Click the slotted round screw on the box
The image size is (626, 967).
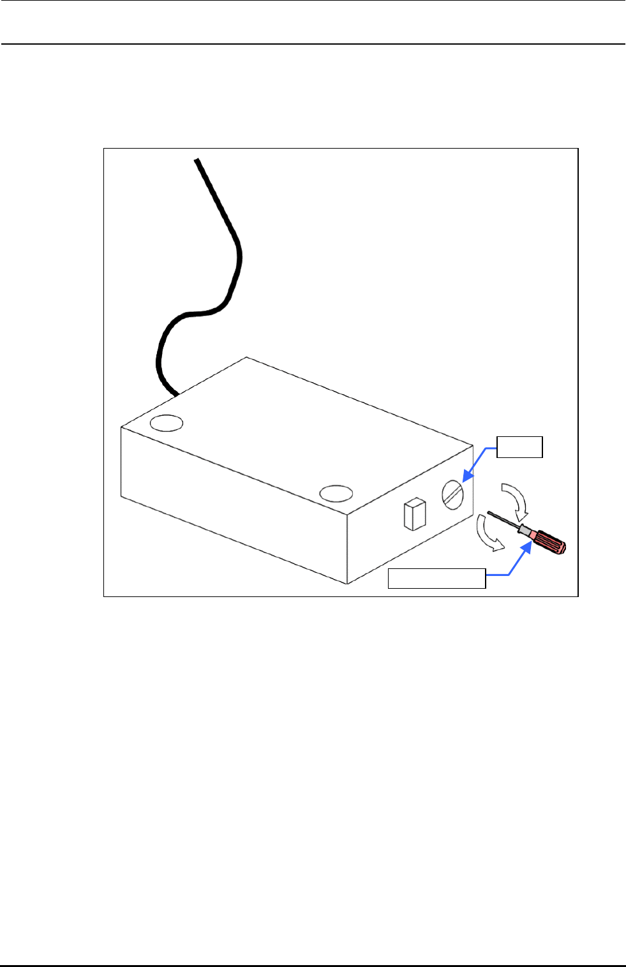pos(452,495)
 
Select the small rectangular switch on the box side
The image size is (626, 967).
pos(415,514)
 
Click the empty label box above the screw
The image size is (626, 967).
pos(520,447)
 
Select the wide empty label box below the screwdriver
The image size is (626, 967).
pos(437,578)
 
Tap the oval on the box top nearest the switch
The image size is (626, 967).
pos(336,493)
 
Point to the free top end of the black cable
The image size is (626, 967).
pos(197,159)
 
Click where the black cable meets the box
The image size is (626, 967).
pos(175,394)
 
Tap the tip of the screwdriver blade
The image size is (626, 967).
pos(489,512)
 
